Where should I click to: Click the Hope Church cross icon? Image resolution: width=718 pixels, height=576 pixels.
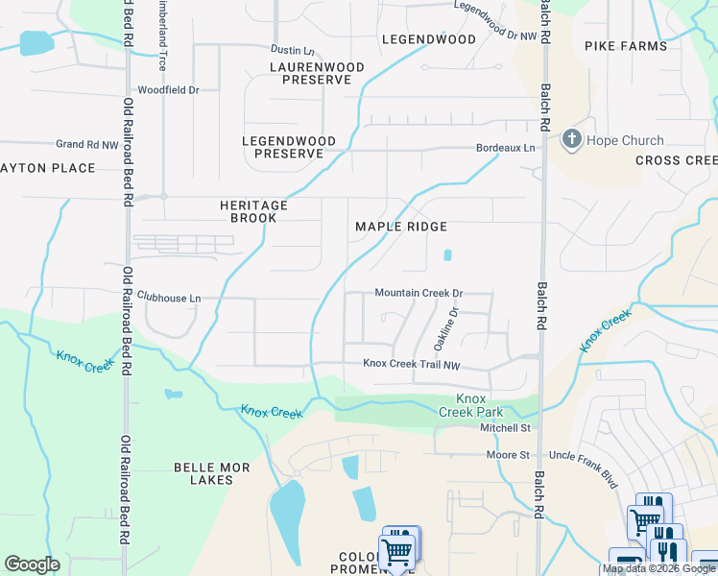click(x=571, y=140)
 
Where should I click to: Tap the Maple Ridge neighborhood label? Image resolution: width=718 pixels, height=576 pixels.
click(x=401, y=227)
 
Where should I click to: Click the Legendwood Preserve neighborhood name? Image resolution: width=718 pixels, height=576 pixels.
click(x=289, y=147)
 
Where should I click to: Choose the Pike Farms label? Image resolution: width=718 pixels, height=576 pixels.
click(x=624, y=46)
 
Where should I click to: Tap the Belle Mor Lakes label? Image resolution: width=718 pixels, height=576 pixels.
click(x=211, y=473)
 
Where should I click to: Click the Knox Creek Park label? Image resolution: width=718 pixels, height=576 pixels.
click(x=470, y=405)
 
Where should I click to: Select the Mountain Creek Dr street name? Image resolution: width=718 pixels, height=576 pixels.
click(x=419, y=293)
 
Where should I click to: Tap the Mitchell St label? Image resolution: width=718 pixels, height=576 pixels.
click(x=505, y=427)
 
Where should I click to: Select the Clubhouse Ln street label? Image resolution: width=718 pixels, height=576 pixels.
click(x=169, y=298)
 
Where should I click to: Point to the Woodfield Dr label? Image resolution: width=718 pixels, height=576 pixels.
click(x=168, y=89)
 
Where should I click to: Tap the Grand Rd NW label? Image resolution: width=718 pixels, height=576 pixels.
click(x=86, y=144)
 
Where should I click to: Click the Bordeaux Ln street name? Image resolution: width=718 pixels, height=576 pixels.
click(x=506, y=148)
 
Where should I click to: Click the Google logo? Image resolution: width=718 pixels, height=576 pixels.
click(x=32, y=564)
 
